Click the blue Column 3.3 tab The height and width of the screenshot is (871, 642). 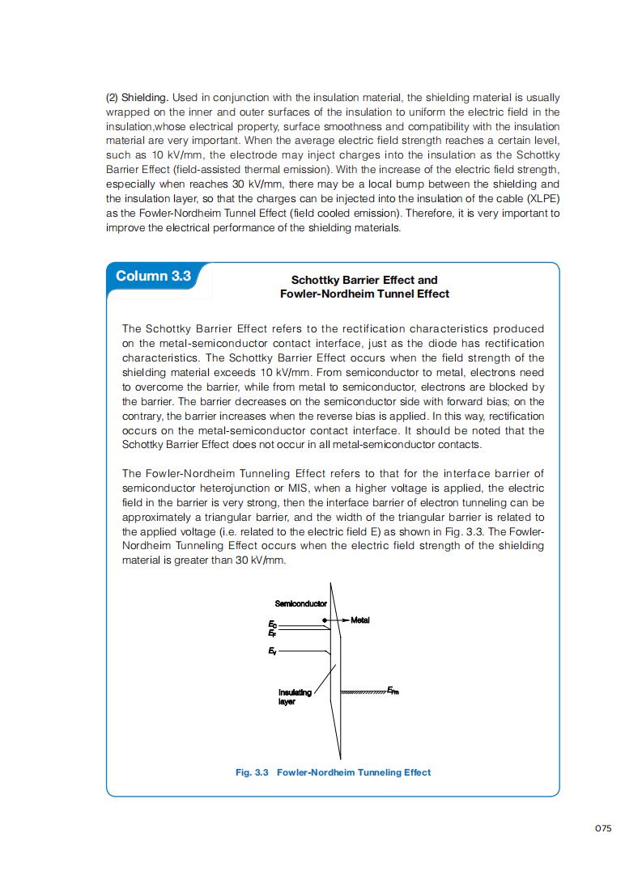[153, 277]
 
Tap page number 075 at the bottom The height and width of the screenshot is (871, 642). [602, 827]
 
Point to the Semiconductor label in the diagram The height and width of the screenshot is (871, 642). [300, 603]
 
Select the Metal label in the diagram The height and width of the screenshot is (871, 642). [360, 619]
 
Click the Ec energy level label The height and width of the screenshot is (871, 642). [272, 624]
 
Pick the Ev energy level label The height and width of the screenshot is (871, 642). [272, 650]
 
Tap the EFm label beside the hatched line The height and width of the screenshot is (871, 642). [393, 690]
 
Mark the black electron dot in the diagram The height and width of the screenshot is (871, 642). [325, 619]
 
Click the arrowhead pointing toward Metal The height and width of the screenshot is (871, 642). [346, 619]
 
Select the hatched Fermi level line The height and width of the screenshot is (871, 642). [363, 692]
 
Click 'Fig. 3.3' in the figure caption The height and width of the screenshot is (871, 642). [252, 772]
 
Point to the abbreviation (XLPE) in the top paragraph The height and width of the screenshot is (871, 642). [539, 198]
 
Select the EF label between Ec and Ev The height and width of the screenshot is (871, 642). [272, 634]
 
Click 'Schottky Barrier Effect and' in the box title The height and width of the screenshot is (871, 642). [364, 280]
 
